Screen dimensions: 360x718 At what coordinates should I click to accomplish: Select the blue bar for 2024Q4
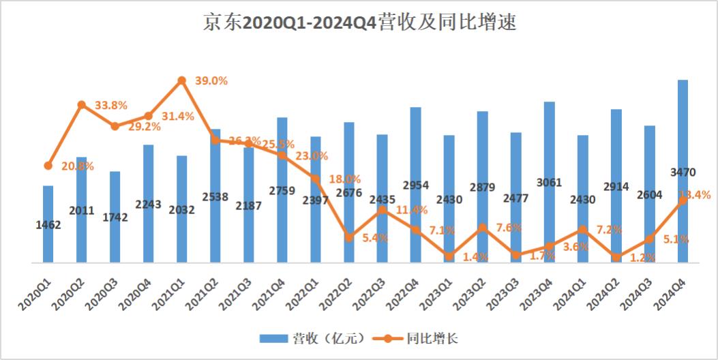pyautogui.click(x=683, y=170)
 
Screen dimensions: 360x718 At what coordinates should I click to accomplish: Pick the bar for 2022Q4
pyautogui.click(x=415, y=184)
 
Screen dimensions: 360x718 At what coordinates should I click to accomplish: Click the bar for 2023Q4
pyautogui.click(x=549, y=181)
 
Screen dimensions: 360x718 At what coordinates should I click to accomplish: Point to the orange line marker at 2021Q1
pyautogui.click(x=181, y=80)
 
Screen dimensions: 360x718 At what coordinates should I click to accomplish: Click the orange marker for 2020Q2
pyautogui.click(x=81, y=104)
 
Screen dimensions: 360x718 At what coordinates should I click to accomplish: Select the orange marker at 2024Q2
pyautogui.click(x=616, y=258)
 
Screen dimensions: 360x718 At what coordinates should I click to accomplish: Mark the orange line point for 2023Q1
pyautogui.click(x=449, y=256)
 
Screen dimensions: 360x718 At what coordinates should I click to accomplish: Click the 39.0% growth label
pyautogui.click(x=211, y=80)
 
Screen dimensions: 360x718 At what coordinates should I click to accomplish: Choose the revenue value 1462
pyautogui.click(x=48, y=225)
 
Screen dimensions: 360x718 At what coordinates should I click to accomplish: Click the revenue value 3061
pyautogui.click(x=549, y=182)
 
